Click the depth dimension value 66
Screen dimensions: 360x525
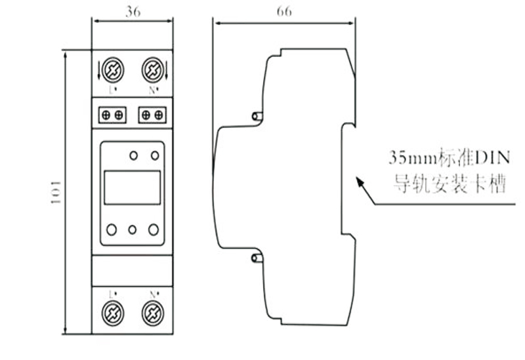[283, 11]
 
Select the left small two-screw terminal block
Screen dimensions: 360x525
[112, 115]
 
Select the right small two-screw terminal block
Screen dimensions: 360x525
[152, 115]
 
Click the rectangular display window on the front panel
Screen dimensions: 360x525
[132, 186]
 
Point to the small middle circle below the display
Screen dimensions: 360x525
[133, 230]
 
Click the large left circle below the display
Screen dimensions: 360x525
[112, 230]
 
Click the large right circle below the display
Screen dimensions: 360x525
[154, 230]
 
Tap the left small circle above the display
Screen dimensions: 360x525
[133, 155]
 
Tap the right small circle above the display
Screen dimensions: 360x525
[155, 155]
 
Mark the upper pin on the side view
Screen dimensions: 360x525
[257, 117]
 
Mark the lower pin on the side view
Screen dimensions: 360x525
[257, 258]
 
